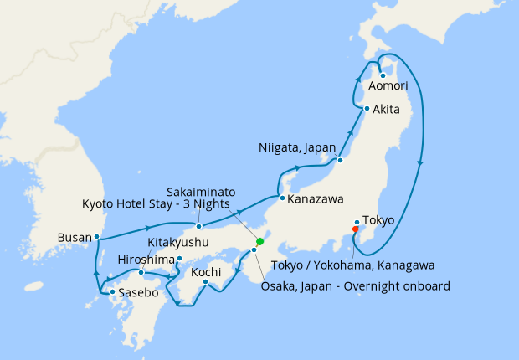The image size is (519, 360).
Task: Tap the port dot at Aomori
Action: point(382,75)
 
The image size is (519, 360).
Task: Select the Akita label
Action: point(386,110)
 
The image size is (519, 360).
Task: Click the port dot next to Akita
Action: point(367,109)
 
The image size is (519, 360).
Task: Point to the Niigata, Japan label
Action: point(299,149)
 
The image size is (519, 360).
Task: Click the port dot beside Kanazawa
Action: point(282,198)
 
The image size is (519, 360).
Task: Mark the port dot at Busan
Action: point(97,237)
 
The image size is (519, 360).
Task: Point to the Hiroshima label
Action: point(146,258)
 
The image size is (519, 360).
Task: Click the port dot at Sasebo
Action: point(112,291)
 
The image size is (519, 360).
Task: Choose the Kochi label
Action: point(206,273)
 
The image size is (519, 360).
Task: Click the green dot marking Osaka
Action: point(259,242)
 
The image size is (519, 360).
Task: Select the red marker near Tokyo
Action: point(355,229)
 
